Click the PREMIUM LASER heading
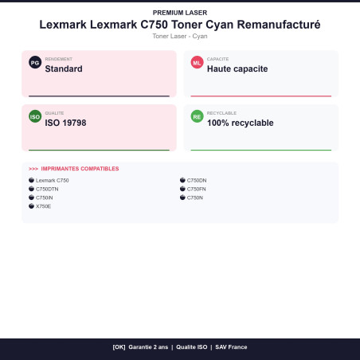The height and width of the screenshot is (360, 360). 180,13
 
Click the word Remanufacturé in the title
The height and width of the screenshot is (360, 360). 279,25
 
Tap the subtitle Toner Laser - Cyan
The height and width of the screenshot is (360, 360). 180,36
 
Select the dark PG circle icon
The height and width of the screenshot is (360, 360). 35,63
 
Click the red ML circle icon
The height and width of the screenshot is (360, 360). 197,63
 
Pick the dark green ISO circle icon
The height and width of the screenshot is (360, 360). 35,116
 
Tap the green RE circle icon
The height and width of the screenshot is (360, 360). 197,116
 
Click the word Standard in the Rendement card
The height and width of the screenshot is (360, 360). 64,68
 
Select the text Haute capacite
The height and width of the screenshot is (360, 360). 237,68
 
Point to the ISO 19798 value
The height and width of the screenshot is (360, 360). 65,123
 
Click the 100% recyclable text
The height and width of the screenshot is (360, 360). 241,123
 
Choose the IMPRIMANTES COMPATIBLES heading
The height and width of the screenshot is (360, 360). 80,169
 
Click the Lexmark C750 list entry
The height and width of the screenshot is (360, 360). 53,180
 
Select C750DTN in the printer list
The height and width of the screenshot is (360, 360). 47,189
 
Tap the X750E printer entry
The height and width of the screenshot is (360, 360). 43,206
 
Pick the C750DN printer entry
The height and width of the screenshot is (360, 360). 197,180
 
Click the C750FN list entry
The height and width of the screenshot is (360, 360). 197,189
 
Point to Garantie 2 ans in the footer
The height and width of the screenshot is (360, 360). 148,347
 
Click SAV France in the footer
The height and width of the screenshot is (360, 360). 231,347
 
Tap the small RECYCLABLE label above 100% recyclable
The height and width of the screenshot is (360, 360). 221,113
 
